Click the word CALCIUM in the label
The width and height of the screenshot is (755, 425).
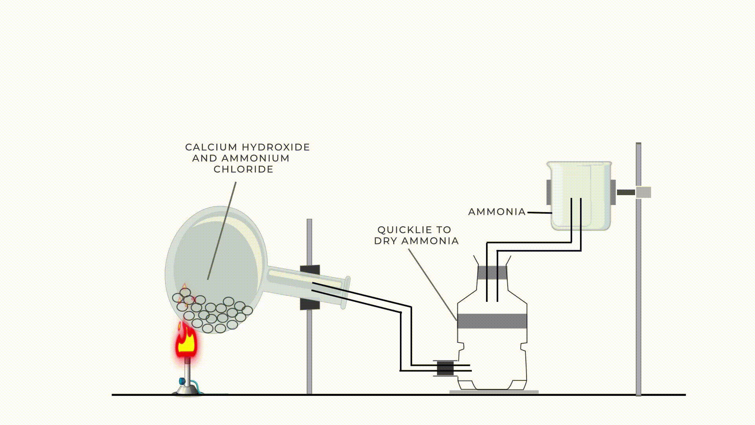(x=211, y=147)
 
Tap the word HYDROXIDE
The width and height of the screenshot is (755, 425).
(x=275, y=147)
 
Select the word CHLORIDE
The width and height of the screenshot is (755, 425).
(x=243, y=169)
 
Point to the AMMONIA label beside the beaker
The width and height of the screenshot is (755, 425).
(x=497, y=212)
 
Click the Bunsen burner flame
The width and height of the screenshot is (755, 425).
(x=186, y=342)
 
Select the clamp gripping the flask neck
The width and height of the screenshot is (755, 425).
(x=310, y=287)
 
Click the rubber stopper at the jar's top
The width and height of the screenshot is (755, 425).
(x=492, y=272)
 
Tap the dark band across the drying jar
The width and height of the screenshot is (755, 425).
(x=492, y=321)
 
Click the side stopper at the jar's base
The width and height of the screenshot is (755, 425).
(x=445, y=368)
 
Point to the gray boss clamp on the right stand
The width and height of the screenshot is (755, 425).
(x=643, y=192)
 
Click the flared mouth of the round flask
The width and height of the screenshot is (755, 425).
(x=346, y=292)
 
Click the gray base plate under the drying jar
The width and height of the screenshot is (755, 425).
(x=494, y=392)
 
